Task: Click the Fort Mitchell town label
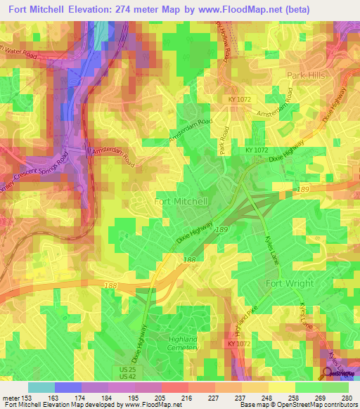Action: click(x=181, y=201)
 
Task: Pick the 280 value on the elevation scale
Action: click(x=345, y=398)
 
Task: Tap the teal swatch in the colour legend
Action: click(x=41, y=387)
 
